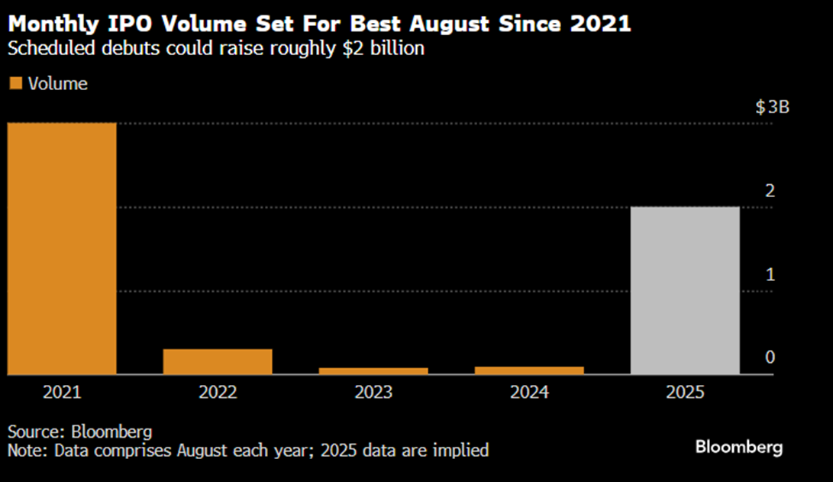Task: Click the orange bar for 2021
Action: pos(62,248)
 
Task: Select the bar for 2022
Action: pos(218,361)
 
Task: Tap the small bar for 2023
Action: pos(373,370)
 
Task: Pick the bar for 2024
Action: pos(529,370)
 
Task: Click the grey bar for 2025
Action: pos(685,290)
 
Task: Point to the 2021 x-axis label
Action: pos(62,393)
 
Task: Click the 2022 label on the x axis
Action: pos(218,393)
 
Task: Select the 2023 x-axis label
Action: pos(373,393)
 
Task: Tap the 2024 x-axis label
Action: pos(529,393)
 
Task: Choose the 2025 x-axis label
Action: pos(685,393)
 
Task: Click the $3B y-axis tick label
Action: pos(772,107)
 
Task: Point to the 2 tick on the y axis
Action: pos(770,190)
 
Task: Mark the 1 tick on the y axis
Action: pos(770,274)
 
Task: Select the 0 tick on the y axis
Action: pos(770,357)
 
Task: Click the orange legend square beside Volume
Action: pos(15,84)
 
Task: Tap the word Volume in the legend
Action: pos(58,84)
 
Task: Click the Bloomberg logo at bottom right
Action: pos(738,447)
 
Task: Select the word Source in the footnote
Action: pos(31,432)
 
